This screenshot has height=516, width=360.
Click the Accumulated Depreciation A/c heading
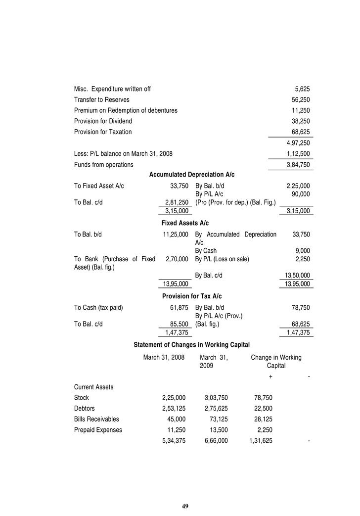[x=192, y=175]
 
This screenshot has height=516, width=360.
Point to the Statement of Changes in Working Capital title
[x=192, y=344]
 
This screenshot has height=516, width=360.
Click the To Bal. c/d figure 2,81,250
[x=176, y=202]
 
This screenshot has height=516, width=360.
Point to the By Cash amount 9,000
[x=302, y=251]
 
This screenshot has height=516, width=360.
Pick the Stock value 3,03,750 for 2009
[x=216, y=397]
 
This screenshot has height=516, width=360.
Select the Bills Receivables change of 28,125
[x=261, y=419]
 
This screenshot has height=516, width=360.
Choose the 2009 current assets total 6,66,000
[x=216, y=440]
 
